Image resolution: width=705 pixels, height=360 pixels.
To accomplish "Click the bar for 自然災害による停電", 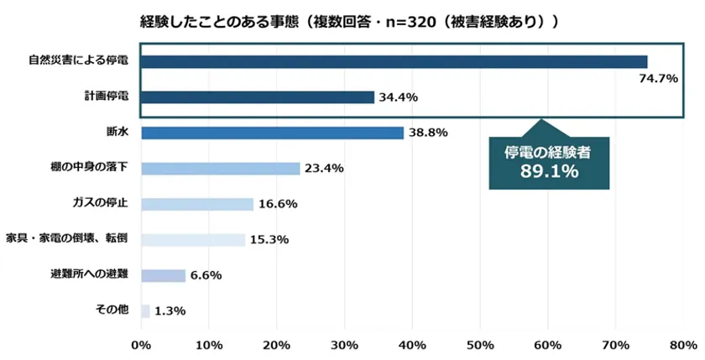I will pos(394,61).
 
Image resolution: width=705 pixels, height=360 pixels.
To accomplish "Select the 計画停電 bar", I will pos(258,97).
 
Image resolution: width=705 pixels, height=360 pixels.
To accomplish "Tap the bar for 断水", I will pos(273,133).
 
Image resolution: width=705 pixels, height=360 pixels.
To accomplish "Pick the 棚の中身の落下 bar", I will pos(221,169).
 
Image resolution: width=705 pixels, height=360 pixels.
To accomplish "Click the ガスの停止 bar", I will pos(197,204).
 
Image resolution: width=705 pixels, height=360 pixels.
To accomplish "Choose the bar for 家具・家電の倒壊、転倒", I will pos(193,240).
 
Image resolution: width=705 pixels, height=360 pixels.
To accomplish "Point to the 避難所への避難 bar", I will pos(163,275).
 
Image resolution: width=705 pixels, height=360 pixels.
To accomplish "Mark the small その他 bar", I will pos(145,311).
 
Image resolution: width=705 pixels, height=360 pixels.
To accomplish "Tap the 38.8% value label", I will pos(428,133).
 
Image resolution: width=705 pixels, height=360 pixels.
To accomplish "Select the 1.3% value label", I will pos(170,311).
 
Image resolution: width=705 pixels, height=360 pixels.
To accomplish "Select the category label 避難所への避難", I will pos(90,274).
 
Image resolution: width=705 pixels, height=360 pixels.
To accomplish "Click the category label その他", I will pos(112,310).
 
